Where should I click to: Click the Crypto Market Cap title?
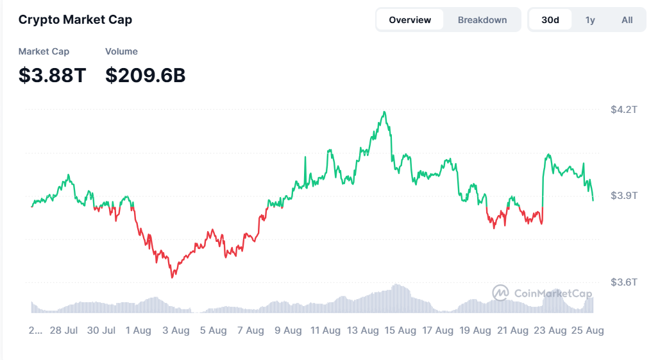[75, 19]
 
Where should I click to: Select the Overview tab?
[410, 20]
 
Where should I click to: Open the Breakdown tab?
[482, 20]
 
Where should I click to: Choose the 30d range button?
[550, 20]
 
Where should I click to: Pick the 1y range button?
[590, 20]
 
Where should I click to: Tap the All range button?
[627, 20]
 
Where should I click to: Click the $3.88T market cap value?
[52, 75]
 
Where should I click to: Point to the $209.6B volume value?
[146, 75]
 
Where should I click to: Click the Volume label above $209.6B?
[121, 51]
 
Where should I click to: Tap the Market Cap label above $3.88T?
[44, 51]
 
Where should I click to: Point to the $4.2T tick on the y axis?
[623, 110]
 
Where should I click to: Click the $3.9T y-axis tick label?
[623, 195]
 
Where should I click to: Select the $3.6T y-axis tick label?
[623, 282]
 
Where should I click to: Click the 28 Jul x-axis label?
[63, 330]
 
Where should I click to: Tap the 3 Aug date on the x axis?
[176, 330]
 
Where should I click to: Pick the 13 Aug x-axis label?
[363, 330]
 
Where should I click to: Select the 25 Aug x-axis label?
[587, 330]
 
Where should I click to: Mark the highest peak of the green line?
[384, 112]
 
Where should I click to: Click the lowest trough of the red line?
[172, 277]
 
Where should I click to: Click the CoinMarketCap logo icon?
[500, 293]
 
